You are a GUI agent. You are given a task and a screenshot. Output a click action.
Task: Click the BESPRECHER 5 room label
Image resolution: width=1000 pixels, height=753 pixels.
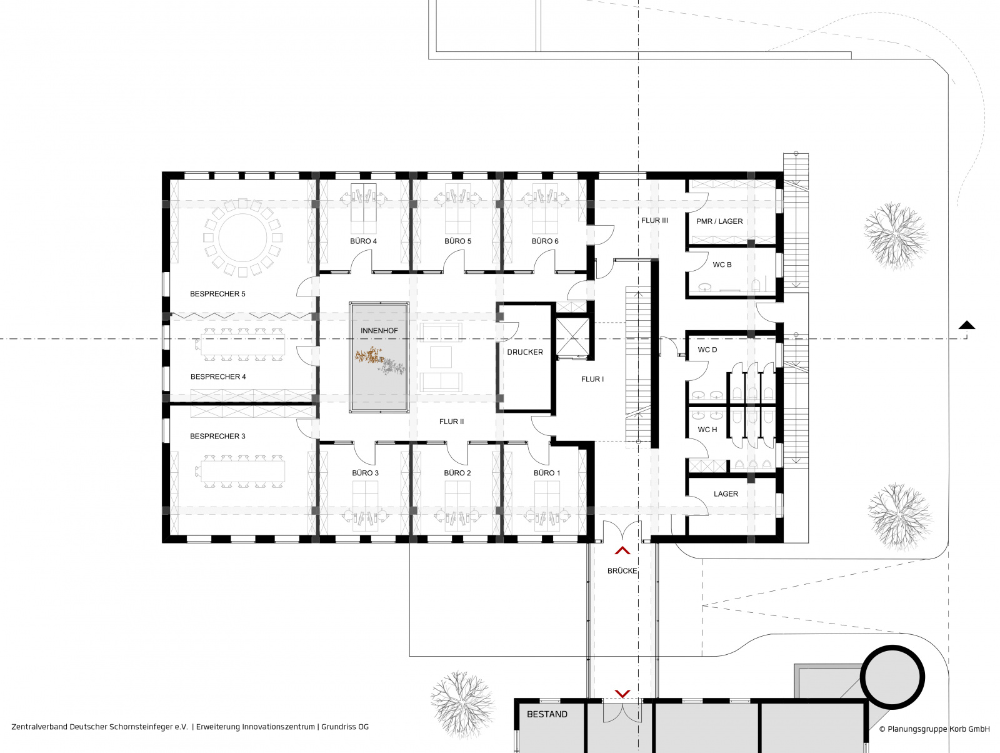(217, 294)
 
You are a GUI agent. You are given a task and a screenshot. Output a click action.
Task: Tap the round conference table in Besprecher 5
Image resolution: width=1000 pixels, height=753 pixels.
(242, 238)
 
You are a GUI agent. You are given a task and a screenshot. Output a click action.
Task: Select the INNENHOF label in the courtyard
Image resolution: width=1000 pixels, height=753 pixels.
(379, 330)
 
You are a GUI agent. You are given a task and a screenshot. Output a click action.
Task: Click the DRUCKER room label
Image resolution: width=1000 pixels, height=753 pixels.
(525, 352)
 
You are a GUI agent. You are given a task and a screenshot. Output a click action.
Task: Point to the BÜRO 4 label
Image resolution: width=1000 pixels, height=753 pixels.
(363, 241)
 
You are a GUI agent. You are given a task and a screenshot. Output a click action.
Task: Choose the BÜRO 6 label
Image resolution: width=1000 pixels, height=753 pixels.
(545, 241)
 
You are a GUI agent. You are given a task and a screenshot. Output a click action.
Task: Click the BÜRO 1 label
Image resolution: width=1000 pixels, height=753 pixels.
(547, 473)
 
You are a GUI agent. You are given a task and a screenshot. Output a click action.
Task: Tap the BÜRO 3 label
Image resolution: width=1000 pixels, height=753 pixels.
(365, 473)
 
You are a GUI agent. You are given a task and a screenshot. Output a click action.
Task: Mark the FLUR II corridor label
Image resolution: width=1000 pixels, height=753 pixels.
(451, 422)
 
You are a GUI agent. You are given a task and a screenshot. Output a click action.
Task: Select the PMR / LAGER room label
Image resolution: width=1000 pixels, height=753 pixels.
(719, 221)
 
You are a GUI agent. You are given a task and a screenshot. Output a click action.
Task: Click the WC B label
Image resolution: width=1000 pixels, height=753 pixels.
(722, 265)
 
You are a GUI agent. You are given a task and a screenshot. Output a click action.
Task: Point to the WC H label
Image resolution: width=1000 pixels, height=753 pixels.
(707, 430)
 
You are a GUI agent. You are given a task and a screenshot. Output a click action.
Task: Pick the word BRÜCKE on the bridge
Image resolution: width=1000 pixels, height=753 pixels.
(622, 570)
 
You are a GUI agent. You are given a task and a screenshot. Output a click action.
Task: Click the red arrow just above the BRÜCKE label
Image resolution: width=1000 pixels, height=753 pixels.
(622, 550)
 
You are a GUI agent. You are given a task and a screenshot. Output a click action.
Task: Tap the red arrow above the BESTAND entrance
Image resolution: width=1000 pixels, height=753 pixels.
(622, 694)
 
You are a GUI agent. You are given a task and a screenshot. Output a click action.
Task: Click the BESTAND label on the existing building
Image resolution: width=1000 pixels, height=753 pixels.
(547, 714)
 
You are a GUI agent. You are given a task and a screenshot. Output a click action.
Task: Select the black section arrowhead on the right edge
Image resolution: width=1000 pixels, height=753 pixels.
(967, 325)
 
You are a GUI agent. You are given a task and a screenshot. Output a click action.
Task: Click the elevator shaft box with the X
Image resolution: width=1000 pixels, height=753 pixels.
(572, 337)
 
